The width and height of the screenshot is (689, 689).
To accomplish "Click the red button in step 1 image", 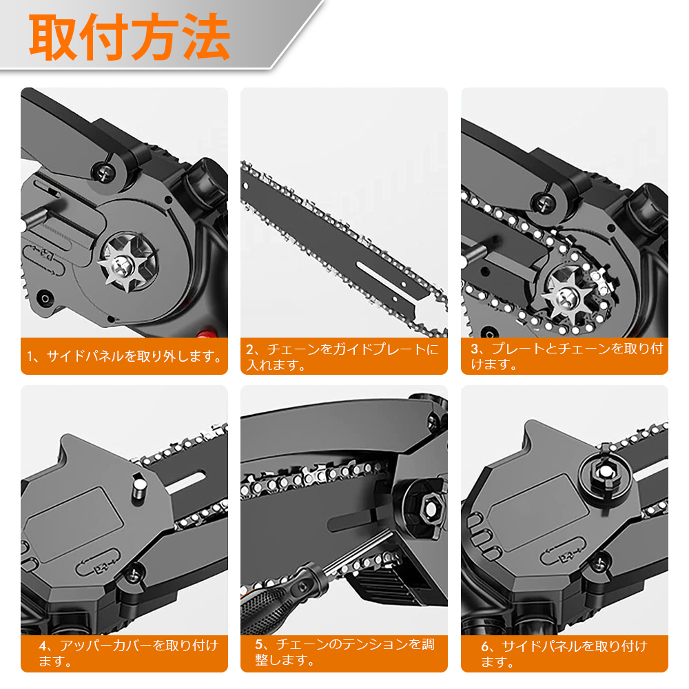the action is click(x=207, y=333).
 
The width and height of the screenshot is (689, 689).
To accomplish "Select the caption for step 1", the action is click(x=125, y=356).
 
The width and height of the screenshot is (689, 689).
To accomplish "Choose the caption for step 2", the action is click(x=342, y=357).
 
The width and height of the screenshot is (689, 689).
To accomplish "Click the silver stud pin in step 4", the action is click(x=139, y=489).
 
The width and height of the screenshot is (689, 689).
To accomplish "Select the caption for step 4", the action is click(x=128, y=653).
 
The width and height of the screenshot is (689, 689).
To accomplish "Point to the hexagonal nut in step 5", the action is click(x=430, y=509).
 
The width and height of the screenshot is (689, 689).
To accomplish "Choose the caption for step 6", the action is click(x=564, y=654).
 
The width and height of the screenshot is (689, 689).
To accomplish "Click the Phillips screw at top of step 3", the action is click(x=544, y=203).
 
